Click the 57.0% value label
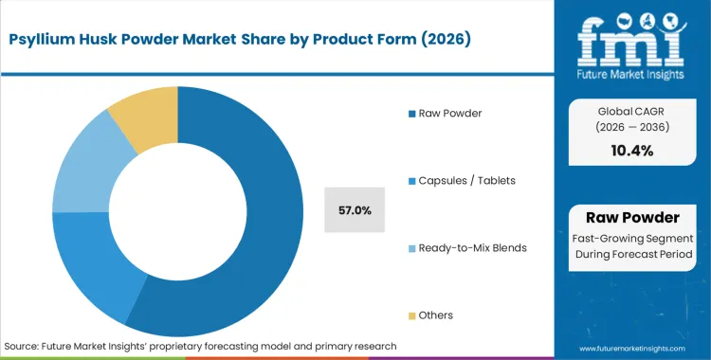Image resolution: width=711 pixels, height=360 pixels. click(354, 209)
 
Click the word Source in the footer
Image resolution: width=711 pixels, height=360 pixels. click(23, 346)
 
